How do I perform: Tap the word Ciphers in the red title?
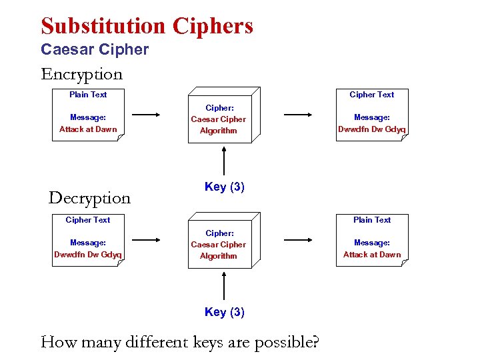(213, 26)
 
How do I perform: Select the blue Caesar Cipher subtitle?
(95, 49)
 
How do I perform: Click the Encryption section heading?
(81, 74)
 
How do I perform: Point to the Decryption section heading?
(89, 198)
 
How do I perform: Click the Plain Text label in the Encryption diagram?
(88, 95)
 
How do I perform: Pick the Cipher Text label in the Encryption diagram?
(372, 95)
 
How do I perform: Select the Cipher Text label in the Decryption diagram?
(88, 220)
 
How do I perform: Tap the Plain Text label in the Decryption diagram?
(372, 220)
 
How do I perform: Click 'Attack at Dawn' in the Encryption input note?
(88, 129)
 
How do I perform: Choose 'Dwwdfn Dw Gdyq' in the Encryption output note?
(372, 129)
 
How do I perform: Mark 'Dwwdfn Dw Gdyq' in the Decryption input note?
(88, 255)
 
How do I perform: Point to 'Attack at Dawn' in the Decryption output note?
(372, 255)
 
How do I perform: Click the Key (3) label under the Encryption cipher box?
(225, 187)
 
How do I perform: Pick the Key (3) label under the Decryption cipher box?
(225, 312)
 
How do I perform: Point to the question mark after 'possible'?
(315, 343)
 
